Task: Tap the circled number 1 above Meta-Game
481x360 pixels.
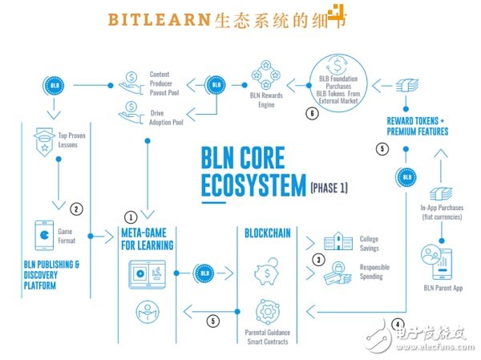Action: (x=131, y=216)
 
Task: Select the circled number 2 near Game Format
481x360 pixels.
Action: (x=76, y=209)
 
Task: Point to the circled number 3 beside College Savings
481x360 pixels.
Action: (x=318, y=259)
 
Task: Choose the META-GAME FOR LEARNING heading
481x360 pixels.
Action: (x=145, y=239)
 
